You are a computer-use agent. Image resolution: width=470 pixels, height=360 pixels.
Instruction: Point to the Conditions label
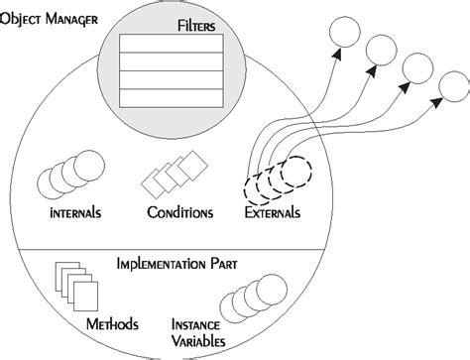point(178,213)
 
